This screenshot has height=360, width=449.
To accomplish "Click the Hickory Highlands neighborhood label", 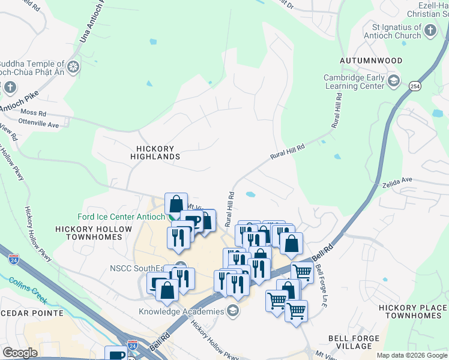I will (155, 152).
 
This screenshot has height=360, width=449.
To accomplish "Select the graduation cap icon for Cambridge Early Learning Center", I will (393, 81).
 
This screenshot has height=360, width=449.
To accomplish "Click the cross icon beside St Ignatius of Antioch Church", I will (430, 31).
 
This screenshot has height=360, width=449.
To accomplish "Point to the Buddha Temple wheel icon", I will (74, 67).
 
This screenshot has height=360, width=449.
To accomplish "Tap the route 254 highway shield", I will (414, 86).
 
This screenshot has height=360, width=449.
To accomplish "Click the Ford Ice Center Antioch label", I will (121, 217).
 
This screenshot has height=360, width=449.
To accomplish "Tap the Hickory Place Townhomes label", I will (413, 311).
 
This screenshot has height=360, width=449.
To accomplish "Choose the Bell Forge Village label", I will (354, 343).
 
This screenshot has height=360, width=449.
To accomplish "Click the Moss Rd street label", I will (33, 113).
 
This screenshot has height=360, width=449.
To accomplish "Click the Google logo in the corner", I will (20, 353).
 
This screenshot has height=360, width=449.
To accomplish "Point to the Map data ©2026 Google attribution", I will (412, 355).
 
